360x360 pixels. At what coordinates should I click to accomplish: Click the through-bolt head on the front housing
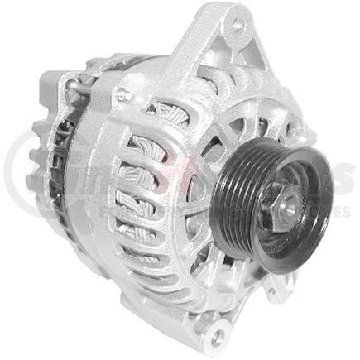[x=126, y=97]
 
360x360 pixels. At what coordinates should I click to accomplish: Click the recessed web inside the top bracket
[x=219, y=58]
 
